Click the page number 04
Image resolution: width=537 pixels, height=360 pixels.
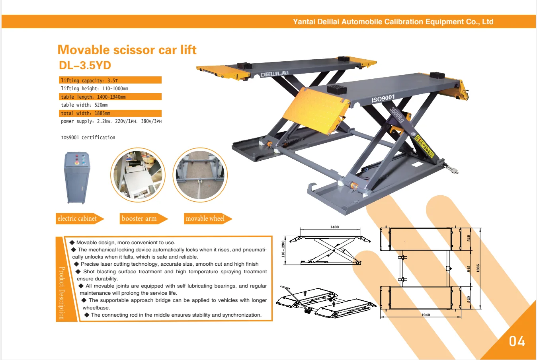(517, 341)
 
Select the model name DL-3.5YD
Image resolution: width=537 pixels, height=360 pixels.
(85, 65)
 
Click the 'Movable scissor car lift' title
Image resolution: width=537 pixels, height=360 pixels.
(127, 50)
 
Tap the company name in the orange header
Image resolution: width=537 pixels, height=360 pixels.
(393, 22)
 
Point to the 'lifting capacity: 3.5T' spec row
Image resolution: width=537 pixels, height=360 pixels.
(110, 80)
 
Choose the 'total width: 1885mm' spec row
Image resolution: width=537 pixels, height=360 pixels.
(110, 113)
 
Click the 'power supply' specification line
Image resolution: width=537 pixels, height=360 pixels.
(111, 121)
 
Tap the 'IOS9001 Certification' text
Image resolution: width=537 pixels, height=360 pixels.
(88, 138)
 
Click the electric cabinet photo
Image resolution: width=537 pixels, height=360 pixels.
(77, 177)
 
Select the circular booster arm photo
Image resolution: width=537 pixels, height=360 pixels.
(138, 175)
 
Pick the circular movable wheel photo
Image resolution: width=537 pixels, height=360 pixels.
(200, 175)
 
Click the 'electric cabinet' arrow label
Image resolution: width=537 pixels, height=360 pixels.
(78, 218)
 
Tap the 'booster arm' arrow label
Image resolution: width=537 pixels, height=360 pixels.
(140, 218)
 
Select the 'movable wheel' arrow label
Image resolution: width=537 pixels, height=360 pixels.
(205, 218)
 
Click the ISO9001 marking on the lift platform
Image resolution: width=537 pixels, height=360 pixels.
(383, 98)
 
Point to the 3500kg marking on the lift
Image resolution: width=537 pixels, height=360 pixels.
(396, 115)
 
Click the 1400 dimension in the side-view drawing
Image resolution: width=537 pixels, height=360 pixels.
(334, 227)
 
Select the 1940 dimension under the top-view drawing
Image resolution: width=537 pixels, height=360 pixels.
(426, 315)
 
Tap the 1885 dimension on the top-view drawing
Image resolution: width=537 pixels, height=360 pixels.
(478, 268)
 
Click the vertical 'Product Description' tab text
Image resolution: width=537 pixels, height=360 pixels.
(61, 293)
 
